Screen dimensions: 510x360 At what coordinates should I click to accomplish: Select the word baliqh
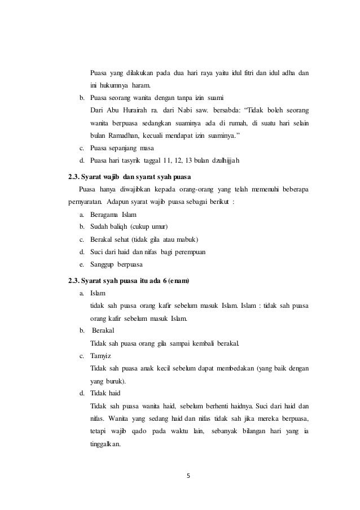120,227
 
